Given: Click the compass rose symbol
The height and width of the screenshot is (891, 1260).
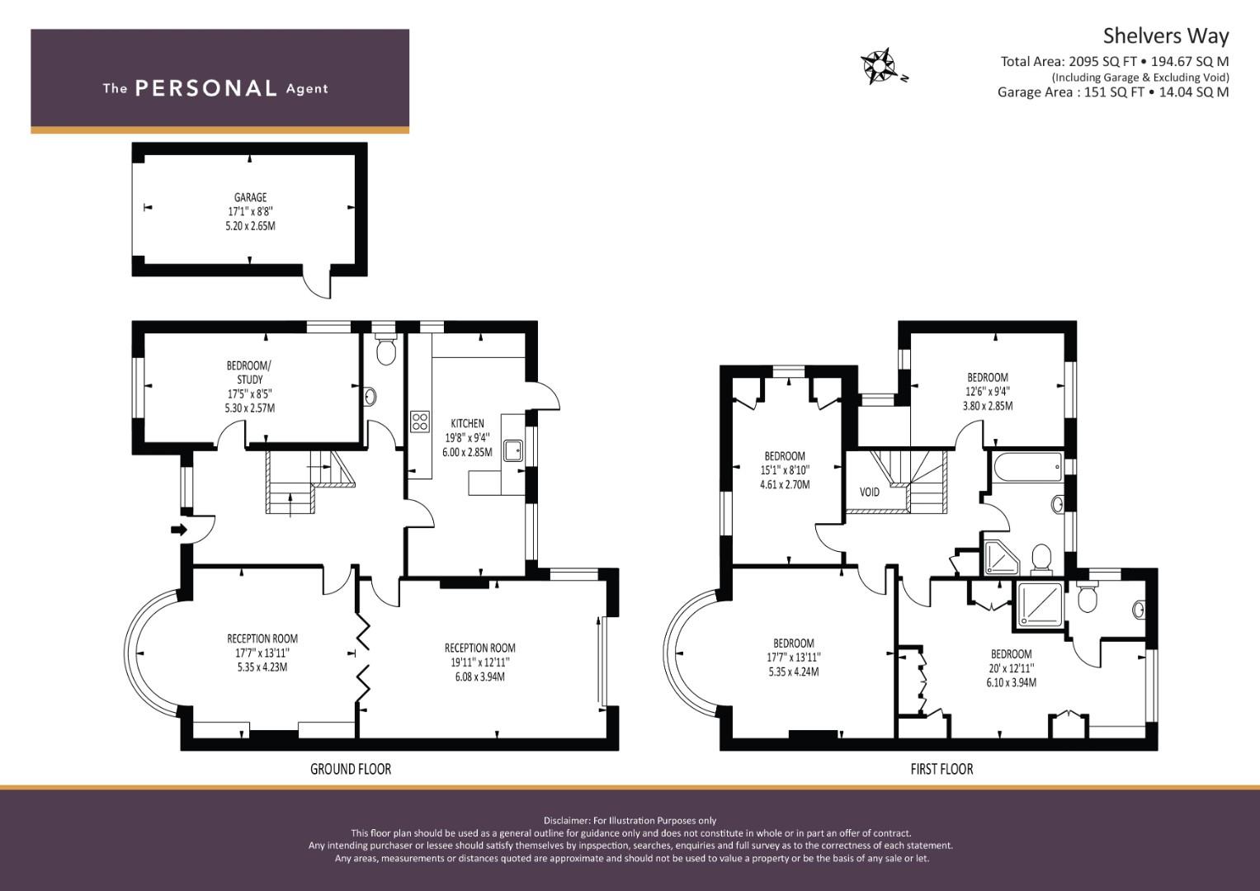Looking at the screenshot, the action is pos(880,66).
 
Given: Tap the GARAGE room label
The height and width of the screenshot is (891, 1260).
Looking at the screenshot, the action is pos(250,197).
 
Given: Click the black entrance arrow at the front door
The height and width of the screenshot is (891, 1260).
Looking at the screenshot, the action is pos(179,530).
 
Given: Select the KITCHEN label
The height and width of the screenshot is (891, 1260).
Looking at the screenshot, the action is pos(467,423).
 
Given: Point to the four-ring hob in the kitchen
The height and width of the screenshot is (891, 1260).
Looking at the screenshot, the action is pos(420,422).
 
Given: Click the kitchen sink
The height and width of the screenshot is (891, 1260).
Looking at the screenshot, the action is pos(513,450).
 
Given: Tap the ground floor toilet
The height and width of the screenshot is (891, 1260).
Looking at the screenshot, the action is pos(385,348).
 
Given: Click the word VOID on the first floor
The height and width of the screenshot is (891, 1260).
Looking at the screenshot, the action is pos(869,493).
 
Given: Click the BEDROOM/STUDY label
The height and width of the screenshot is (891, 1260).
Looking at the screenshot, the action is pos(249,372).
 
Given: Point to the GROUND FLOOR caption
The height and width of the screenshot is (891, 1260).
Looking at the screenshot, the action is pos(351,769).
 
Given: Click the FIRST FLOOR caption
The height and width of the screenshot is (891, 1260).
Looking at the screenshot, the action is pos(941,769).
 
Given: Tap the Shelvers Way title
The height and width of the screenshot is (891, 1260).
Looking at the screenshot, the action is pos(1165,36).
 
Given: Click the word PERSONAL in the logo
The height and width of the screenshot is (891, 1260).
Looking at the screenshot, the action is pos(206,88).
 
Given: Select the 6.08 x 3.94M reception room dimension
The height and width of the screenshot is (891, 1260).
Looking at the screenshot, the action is pos(479,676).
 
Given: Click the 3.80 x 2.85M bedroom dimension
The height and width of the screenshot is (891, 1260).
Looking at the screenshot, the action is pos(988,406).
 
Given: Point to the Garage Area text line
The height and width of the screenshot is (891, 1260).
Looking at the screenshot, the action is pos(1113,92).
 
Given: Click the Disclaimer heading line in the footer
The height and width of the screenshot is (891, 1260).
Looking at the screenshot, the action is pos(630,821).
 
